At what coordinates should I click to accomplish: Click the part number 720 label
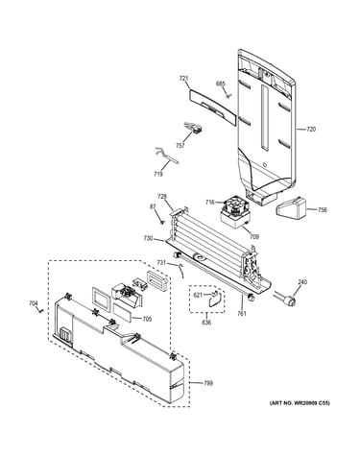[311, 130]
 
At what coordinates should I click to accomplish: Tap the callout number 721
[183, 78]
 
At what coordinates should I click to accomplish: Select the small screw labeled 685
[228, 95]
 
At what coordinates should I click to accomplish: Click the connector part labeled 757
[194, 129]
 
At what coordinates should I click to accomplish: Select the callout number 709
[254, 237]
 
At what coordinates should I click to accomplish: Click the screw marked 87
[162, 222]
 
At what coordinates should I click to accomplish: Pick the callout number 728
[161, 196]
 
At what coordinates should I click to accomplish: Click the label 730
[148, 238]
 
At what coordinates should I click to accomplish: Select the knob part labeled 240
[287, 300]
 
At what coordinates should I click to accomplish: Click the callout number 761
[242, 314]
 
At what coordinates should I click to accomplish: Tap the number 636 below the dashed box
[206, 323]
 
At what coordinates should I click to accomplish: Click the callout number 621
[198, 295]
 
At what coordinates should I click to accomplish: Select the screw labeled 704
[40, 310]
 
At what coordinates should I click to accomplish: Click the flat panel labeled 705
[122, 313]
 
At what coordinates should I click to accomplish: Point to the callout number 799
[208, 383]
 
